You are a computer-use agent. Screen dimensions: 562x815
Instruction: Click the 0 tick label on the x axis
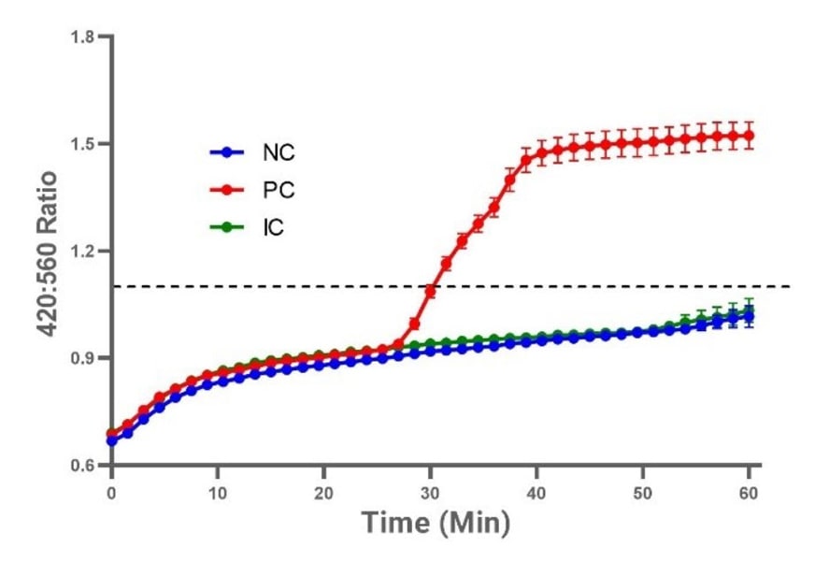111,490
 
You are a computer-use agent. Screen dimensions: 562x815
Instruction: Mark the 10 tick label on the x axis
218,490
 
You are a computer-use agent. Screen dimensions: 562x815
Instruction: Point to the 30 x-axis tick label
430,490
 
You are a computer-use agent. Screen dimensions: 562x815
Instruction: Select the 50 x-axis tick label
643,490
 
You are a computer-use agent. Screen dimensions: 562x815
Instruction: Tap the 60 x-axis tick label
749,490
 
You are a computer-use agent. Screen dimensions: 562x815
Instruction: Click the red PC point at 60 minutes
749,136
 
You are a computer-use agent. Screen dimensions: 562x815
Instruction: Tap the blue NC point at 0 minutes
112,440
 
